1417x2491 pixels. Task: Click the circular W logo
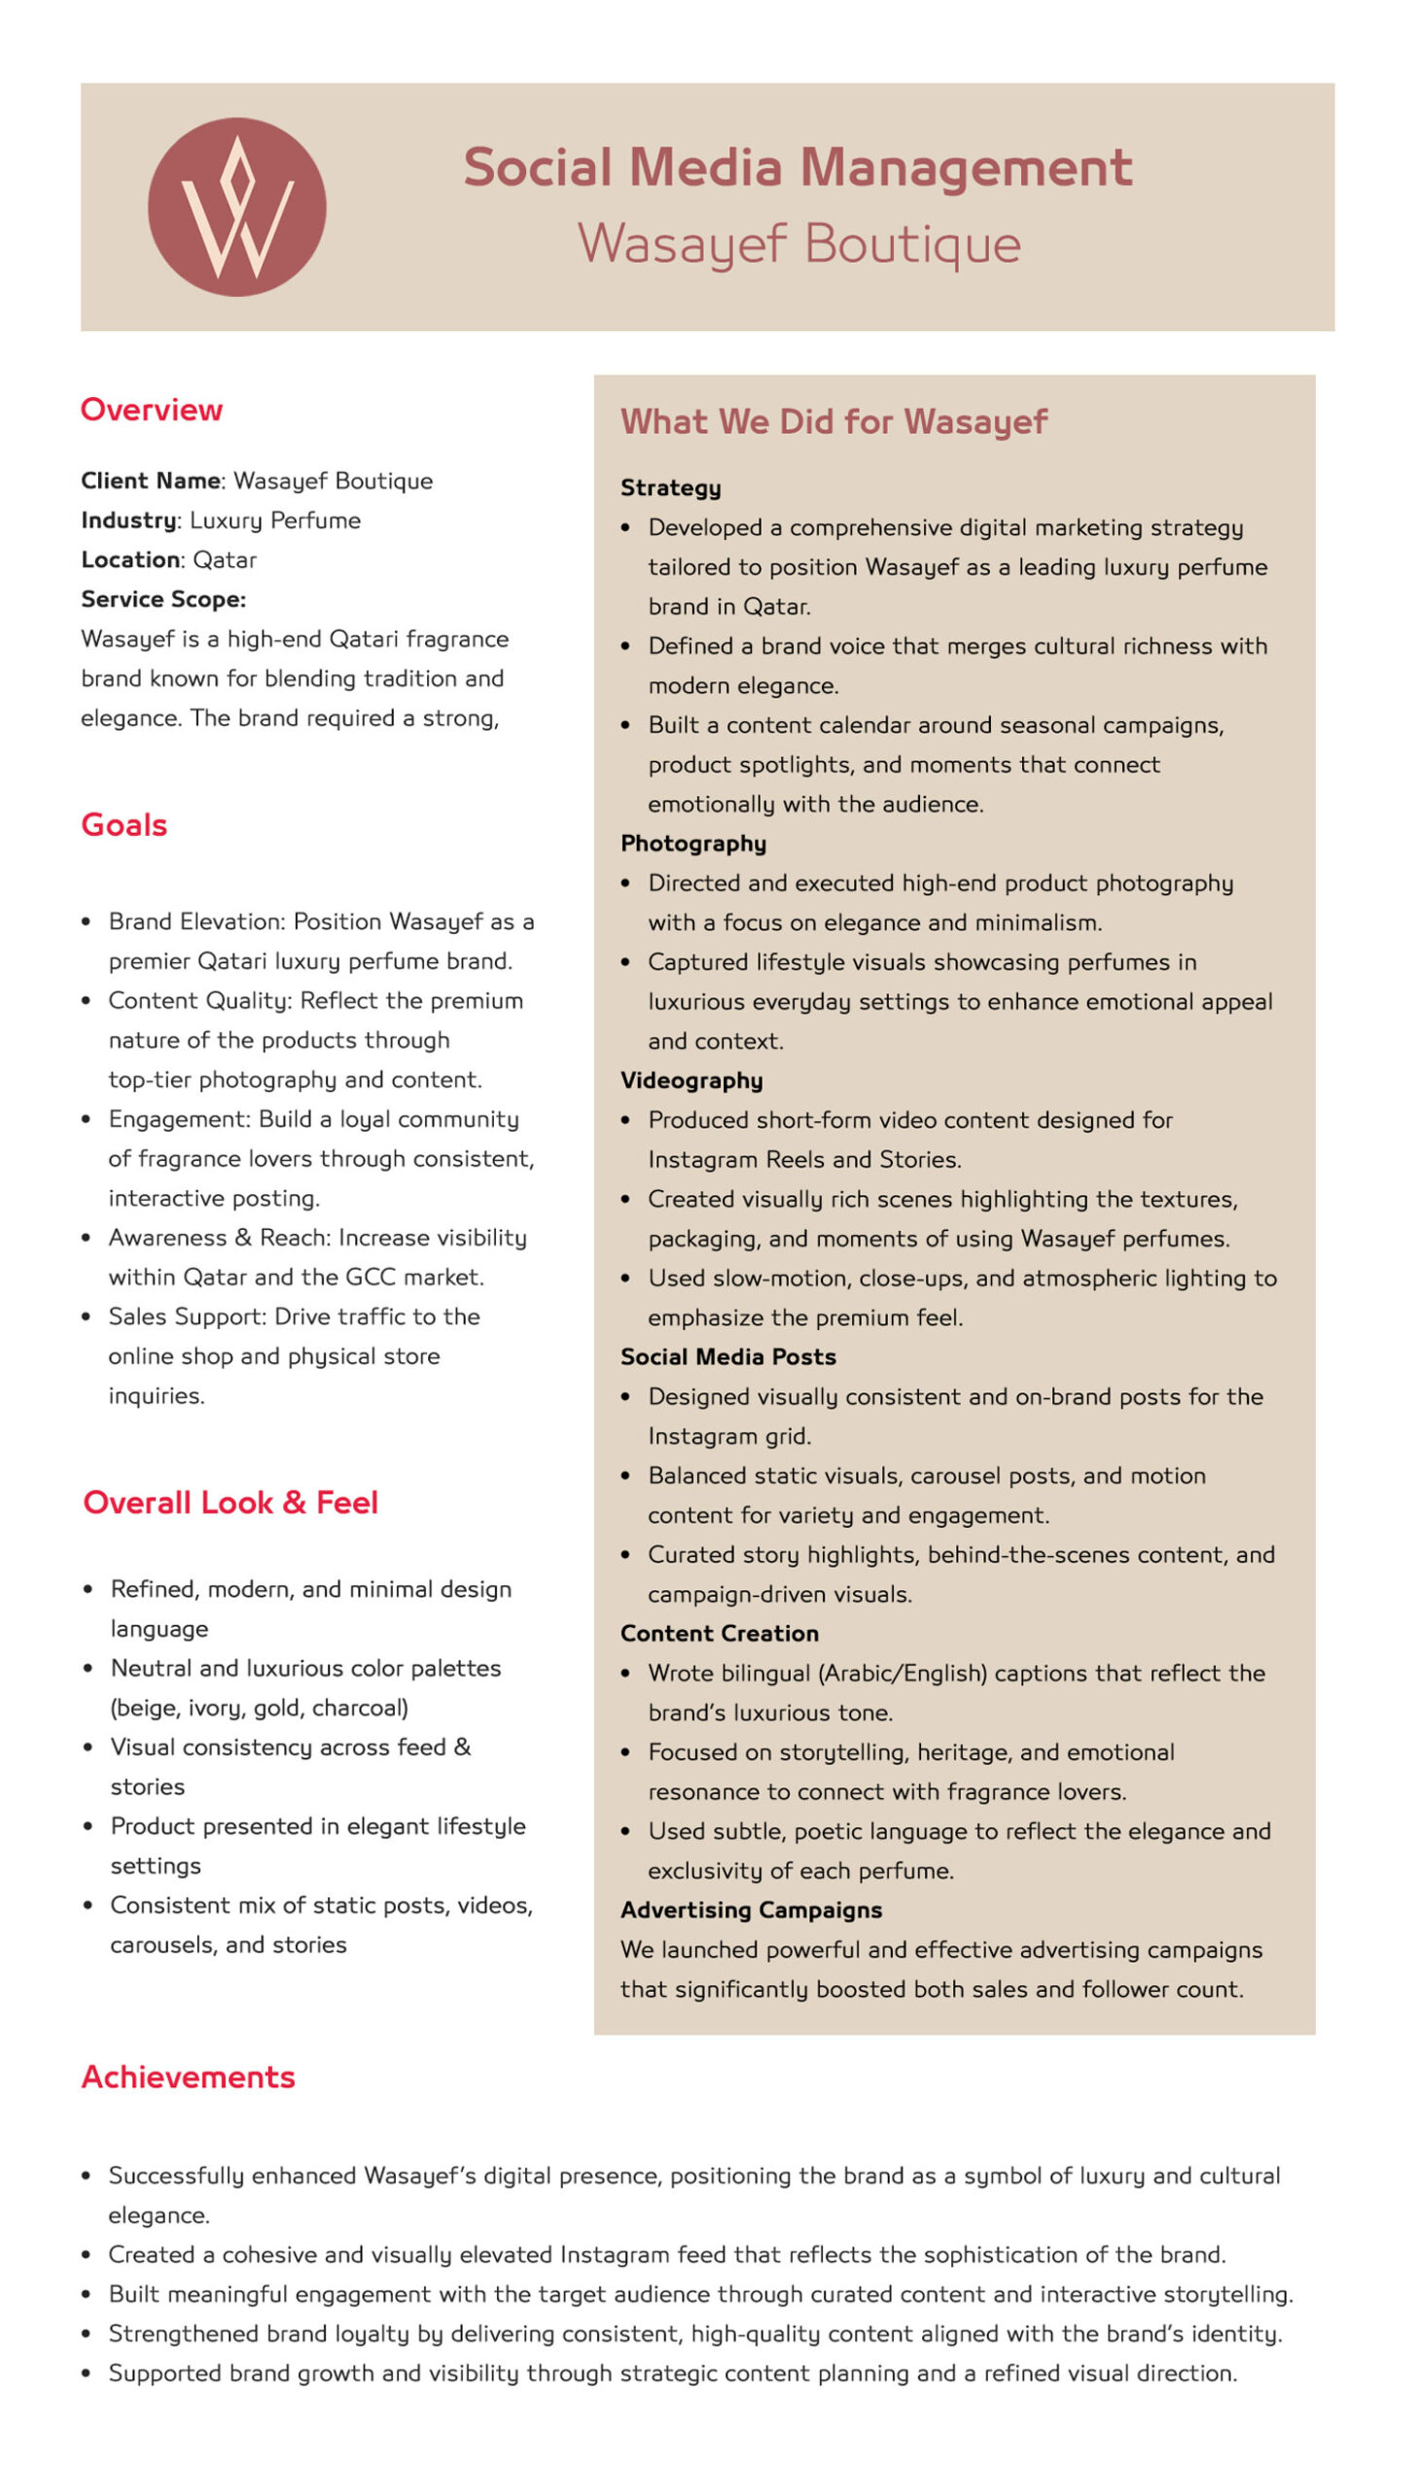pyautogui.click(x=236, y=206)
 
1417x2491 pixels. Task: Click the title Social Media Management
pyautogui.click(x=797, y=167)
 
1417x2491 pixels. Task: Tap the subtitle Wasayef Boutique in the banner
pyautogui.click(x=799, y=243)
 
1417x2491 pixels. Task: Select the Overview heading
pyautogui.click(x=151, y=410)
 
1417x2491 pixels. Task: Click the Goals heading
pyautogui.click(x=124, y=824)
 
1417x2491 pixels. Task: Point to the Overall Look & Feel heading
pyautogui.click(x=230, y=1502)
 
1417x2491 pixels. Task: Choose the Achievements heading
pyautogui.click(x=188, y=2076)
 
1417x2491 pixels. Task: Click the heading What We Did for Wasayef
pyautogui.click(x=833, y=421)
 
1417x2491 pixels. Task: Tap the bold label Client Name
pyautogui.click(x=151, y=481)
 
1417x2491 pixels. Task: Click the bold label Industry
pyautogui.click(x=128, y=521)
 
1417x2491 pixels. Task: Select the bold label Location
pyautogui.click(x=130, y=560)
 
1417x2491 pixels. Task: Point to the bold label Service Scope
pyautogui.click(x=162, y=599)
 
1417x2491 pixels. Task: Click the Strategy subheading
pyautogui.click(x=670, y=487)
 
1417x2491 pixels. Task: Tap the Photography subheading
pyautogui.click(x=692, y=843)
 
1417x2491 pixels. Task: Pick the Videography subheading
pyautogui.click(x=691, y=1080)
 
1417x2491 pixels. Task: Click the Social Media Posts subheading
pyautogui.click(x=728, y=1357)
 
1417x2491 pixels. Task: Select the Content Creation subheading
pyautogui.click(x=720, y=1634)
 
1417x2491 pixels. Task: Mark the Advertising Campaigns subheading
pyautogui.click(x=751, y=1910)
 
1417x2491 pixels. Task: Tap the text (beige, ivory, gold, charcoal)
pyautogui.click(x=259, y=1708)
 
